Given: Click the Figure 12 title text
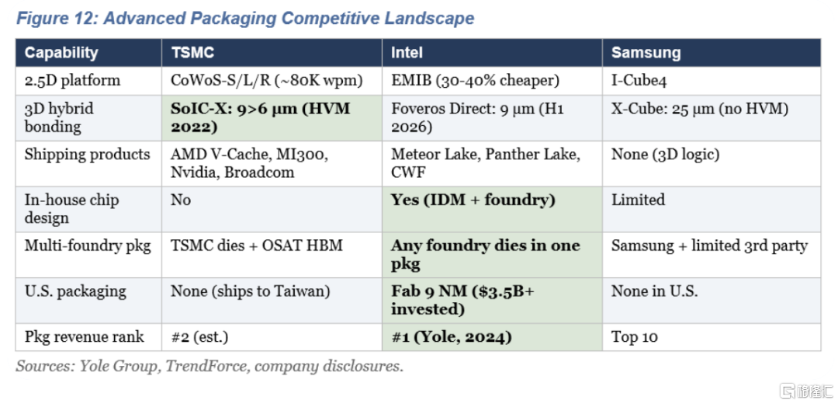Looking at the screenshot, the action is click(x=245, y=18).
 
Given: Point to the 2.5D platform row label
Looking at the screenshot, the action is click(x=72, y=81).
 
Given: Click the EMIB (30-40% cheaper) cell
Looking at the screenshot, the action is click(x=475, y=81).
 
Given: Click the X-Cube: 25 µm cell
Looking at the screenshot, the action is click(x=700, y=110).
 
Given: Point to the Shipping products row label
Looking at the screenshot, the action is click(x=87, y=155).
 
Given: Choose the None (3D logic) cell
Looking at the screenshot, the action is click(x=666, y=155).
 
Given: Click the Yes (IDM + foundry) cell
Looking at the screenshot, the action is click(x=473, y=200).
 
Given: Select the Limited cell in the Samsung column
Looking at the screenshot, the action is click(x=638, y=200).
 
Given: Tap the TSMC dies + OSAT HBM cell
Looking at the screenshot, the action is click(x=257, y=246).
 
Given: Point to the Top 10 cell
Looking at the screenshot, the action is click(x=635, y=337).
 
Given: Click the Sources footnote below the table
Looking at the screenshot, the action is click(x=209, y=367).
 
